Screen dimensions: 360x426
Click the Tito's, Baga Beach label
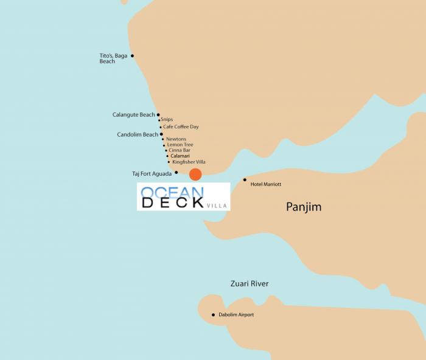[x=113, y=58]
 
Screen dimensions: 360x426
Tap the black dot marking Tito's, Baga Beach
[x=132, y=56]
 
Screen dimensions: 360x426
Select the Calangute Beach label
[x=134, y=114]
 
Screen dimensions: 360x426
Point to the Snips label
[x=167, y=120]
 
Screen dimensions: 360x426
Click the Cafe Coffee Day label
[x=181, y=126]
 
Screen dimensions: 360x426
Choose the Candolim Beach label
[x=138, y=134]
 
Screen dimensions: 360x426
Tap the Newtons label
[x=176, y=139]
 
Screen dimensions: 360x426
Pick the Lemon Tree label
[x=180, y=145]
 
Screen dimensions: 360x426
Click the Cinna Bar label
[x=180, y=150]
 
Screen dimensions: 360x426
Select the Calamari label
[x=181, y=156]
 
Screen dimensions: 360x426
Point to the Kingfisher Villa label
[x=189, y=162]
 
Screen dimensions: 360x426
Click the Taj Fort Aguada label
[x=152, y=173]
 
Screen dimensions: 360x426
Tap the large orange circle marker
[x=195, y=175]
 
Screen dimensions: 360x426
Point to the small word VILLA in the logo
[x=216, y=206]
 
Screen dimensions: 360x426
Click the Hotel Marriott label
[x=266, y=184]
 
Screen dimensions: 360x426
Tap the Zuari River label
[x=250, y=284]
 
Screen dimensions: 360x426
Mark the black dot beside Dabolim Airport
[x=213, y=314]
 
